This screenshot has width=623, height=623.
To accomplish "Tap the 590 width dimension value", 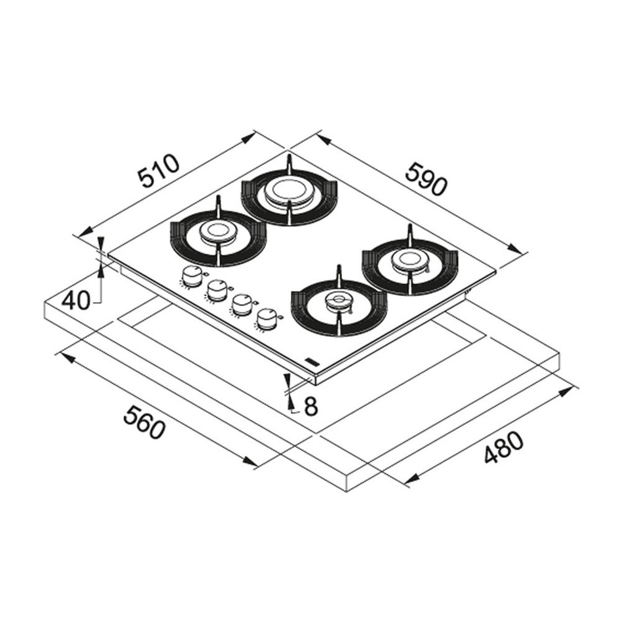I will point(426,179).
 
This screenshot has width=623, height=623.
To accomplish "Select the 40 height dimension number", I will point(76,301).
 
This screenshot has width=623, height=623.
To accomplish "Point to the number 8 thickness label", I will point(310,406).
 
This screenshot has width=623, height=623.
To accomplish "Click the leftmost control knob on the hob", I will point(193,275).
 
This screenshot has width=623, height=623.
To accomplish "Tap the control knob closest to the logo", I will point(267,318).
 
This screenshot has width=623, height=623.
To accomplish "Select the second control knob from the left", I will point(217,290).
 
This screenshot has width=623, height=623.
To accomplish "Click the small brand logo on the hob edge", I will point(310,361).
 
